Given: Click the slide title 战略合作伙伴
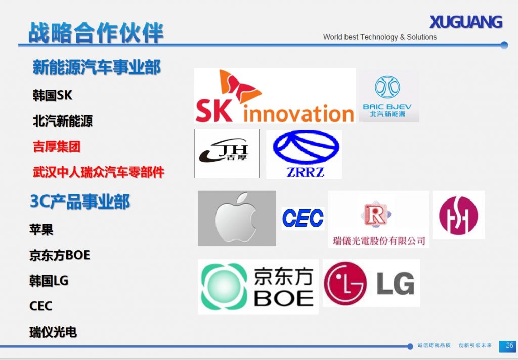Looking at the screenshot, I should [x=96, y=32].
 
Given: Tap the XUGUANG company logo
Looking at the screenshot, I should [x=465, y=22].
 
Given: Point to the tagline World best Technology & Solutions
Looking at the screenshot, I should [x=379, y=37].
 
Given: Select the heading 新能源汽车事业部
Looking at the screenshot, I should [x=97, y=67].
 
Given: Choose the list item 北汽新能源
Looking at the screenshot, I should [x=63, y=121].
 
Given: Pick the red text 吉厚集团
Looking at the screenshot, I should [x=57, y=147].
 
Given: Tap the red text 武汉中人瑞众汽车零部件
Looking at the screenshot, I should [x=99, y=172].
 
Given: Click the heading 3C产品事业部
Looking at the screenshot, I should [x=80, y=202].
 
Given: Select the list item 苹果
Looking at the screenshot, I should [x=41, y=230].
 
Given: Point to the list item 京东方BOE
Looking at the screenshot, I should [x=60, y=255].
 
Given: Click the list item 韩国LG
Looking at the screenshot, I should [x=49, y=281].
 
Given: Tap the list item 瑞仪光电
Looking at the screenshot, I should [x=53, y=332].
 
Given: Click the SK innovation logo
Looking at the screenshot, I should [x=275, y=97].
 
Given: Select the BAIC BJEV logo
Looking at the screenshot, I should [x=387, y=96].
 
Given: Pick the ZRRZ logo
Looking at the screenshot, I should [x=304, y=154].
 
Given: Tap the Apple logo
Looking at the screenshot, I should [x=236, y=218].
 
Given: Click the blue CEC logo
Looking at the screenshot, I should [x=303, y=218].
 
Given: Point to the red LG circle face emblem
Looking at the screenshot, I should [x=345, y=283].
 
